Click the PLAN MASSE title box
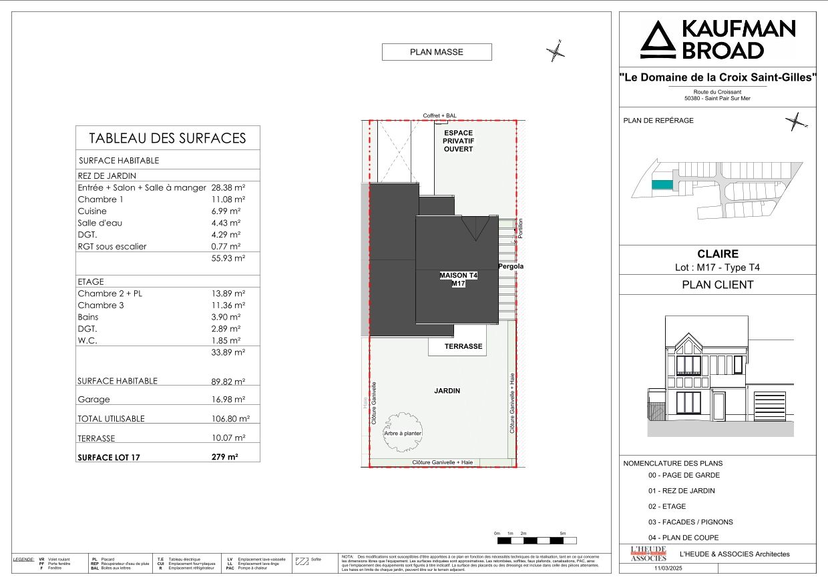[437, 52]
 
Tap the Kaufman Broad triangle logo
[658, 40]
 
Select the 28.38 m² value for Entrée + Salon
[228, 188]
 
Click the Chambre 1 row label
[100, 199]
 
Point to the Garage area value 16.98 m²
[228, 400]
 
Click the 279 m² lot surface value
[224, 457]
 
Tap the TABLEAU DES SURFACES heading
[168, 138]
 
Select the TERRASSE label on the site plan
[463, 347]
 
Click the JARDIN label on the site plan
[447, 391]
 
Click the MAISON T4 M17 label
[457, 279]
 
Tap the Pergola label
[511, 267]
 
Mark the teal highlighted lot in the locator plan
[662, 185]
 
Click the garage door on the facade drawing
[769, 406]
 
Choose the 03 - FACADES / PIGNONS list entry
[690, 522]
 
